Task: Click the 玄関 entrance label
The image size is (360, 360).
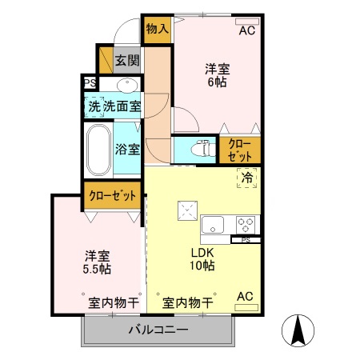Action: coord(126,60)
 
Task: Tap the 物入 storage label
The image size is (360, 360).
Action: coord(157,29)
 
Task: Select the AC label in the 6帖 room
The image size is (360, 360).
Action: coord(248,31)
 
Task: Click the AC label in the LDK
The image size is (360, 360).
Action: coord(245,297)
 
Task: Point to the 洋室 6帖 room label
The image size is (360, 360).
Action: coord(216,75)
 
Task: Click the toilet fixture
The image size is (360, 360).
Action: coord(201,148)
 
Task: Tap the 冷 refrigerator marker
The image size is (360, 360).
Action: coord(247,178)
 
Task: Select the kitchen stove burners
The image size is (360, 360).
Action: coord(245,223)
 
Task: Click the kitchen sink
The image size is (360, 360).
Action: coord(214,223)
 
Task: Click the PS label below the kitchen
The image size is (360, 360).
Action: coord(246,239)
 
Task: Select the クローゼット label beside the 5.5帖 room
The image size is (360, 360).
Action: coord(113,194)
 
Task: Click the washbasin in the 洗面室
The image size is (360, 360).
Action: coord(126,85)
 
